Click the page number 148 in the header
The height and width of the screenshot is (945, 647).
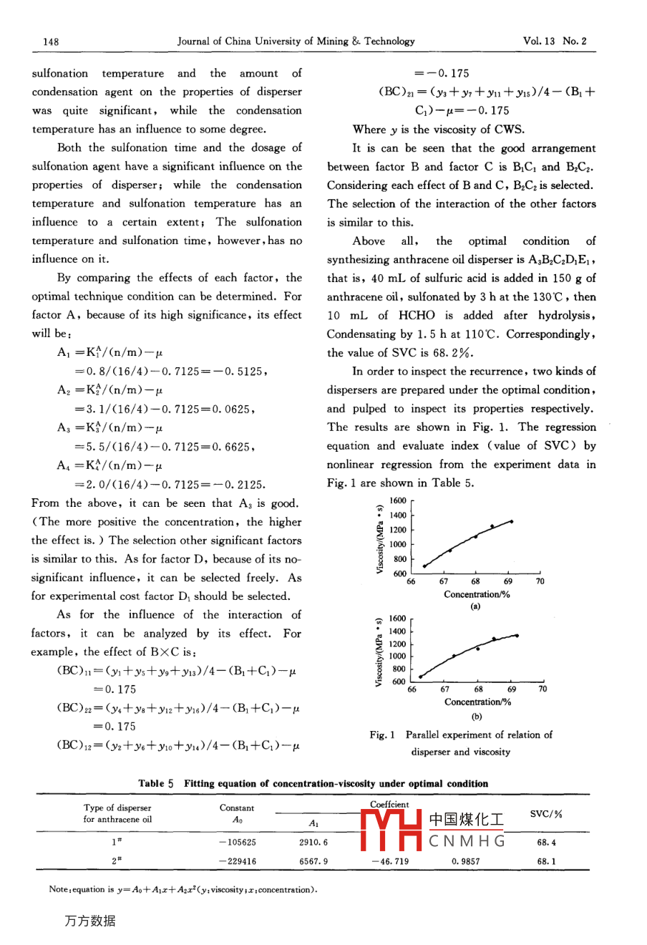[x=51, y=42]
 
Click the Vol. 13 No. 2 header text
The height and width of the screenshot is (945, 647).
[x=554, y=41]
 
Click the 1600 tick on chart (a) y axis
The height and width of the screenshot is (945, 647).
[x=398, y=500]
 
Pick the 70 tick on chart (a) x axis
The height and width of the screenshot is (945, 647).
[x=540, y=581]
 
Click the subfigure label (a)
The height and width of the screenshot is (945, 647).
[x=475, y=606]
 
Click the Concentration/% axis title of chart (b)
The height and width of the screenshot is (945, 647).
[x=477, y=702]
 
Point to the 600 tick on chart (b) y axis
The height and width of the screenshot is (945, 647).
[x=399, y=682]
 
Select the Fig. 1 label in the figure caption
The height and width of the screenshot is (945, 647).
[x=382, y=735]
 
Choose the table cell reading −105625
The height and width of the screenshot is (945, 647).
[x=237, y=843]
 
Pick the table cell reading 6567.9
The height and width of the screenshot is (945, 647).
[x=313, y=861]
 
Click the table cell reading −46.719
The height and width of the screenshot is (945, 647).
[x=390, y=861]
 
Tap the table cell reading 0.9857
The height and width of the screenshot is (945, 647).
[x=466, y=861]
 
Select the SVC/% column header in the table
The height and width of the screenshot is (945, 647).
[x=546, y=814]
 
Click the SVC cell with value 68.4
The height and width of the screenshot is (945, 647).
[x=546, y=843]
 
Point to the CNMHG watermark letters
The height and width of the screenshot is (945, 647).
[x=467, y=840]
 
